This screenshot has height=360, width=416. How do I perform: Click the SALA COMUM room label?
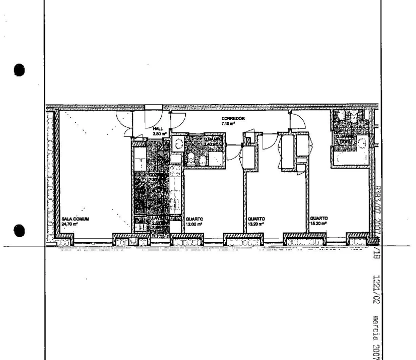(75, 219)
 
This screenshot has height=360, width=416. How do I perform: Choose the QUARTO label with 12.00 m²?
(194, 219)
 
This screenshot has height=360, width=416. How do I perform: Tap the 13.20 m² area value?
(257, 224)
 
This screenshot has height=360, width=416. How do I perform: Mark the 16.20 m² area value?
(318, 224)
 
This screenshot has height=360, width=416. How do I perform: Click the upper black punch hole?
(19, 69)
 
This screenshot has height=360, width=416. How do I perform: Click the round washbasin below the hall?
(178, 144)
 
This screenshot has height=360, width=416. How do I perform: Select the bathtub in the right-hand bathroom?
(352, 159)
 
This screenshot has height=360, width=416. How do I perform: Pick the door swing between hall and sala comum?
(124, 120)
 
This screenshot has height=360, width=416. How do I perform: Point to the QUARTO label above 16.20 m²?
(318, 219)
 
